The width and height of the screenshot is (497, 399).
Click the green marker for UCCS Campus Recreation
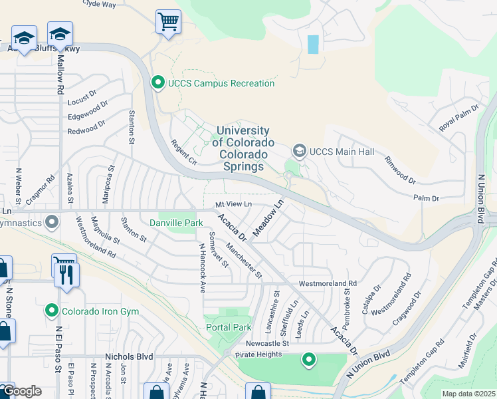click(158, 83)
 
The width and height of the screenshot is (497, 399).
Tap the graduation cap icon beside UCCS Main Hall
click(299, 152)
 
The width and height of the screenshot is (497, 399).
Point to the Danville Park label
click(176, 223)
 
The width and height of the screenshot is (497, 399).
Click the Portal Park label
click(229, 327)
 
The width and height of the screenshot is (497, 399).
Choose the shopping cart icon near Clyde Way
click(168, 22)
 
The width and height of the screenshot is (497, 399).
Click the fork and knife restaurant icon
click(67, 274)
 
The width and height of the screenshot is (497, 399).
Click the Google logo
click(22, 391)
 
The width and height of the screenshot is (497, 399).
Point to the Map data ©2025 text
click(468, 394)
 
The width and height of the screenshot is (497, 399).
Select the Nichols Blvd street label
click(129, 356)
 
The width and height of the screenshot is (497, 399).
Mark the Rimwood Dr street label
click(399, 170)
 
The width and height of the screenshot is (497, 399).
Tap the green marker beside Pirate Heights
click(308, 360)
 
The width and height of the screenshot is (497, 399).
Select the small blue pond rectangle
click(313, 44)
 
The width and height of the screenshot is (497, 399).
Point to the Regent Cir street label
click(184, 152)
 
